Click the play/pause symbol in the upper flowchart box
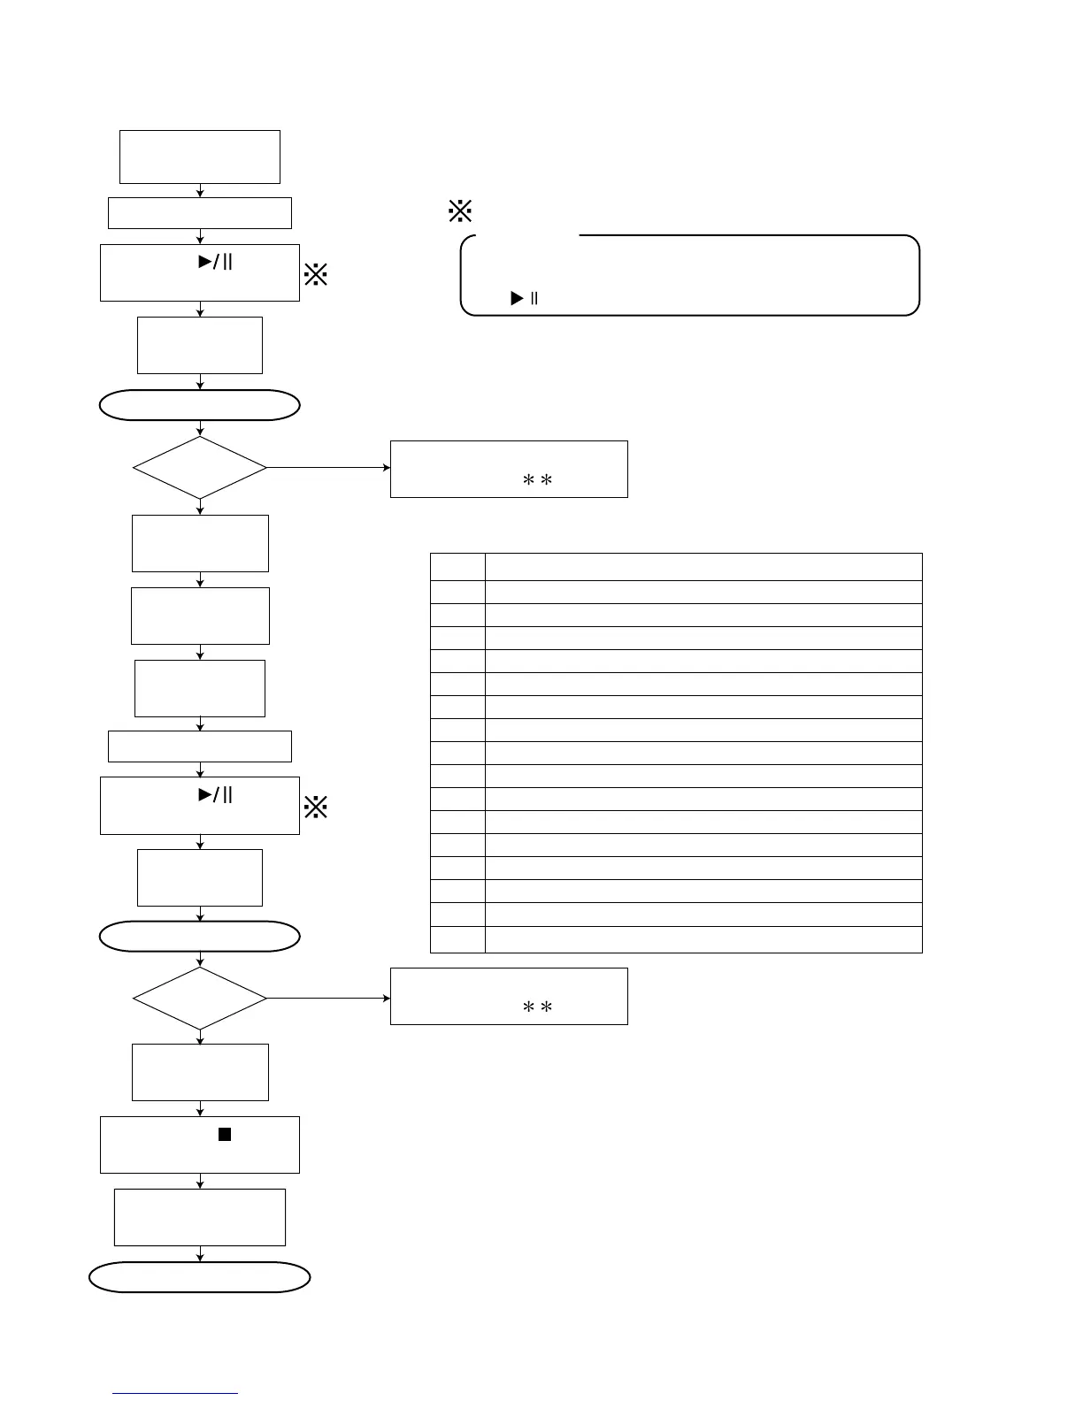click(x=215, y=261)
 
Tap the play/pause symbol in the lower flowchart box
click(x=215, y=794)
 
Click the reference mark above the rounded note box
click(x=460, y=211)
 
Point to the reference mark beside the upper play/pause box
click(x=316, y=274)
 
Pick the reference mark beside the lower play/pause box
click(x=316, y=807)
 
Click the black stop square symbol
click(x=225, y=1135)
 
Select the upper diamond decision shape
click(x=200, y=467)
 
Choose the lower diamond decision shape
click(x=200, y=998)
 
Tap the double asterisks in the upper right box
click(x=537, y=480)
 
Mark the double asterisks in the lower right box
click(x=537, y=1007)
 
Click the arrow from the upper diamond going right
click(x=328, y=467)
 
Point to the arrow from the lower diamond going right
click(x=328, y=998)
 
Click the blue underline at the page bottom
click(x=175, y=1394)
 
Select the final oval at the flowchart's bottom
click(x=200, y=1277)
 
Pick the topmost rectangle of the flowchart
click(x=200, y=157)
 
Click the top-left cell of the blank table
click(x=457, y=567)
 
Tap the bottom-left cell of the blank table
click(x=457, y=939)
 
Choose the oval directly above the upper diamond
click(x=200, y=405)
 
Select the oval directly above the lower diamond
click(x=200, y=937)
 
